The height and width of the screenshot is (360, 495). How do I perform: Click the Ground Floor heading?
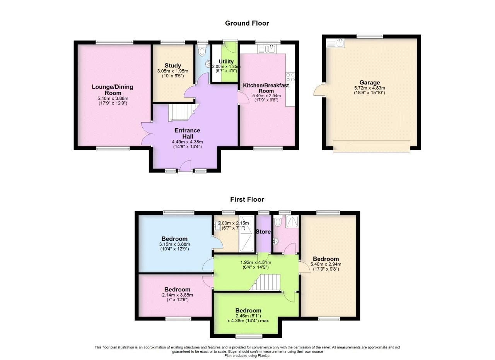247,23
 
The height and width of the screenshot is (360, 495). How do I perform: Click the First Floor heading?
247,200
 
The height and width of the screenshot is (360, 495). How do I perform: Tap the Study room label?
172,66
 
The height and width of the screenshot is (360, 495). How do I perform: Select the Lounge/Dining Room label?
112,90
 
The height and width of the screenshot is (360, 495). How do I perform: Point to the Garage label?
370,82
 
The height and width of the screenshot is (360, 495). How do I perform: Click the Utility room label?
226,62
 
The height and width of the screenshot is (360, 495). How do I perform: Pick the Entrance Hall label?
187,133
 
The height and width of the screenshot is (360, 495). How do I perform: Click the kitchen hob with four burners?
290,76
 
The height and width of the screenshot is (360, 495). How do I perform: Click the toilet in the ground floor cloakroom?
201,51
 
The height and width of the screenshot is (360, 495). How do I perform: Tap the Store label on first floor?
263,232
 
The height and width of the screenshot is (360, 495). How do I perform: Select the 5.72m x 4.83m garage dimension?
370,88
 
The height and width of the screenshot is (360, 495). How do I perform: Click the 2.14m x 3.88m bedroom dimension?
177,295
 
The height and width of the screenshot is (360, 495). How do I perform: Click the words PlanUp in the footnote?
262,355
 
